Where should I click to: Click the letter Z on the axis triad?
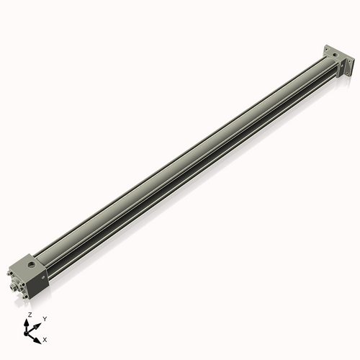pyautogui.click(x=29, y=315)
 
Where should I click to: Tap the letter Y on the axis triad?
pyautogui.click(x=44, y=318)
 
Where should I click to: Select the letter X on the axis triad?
pyautogui.click(x=45, y=338)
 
